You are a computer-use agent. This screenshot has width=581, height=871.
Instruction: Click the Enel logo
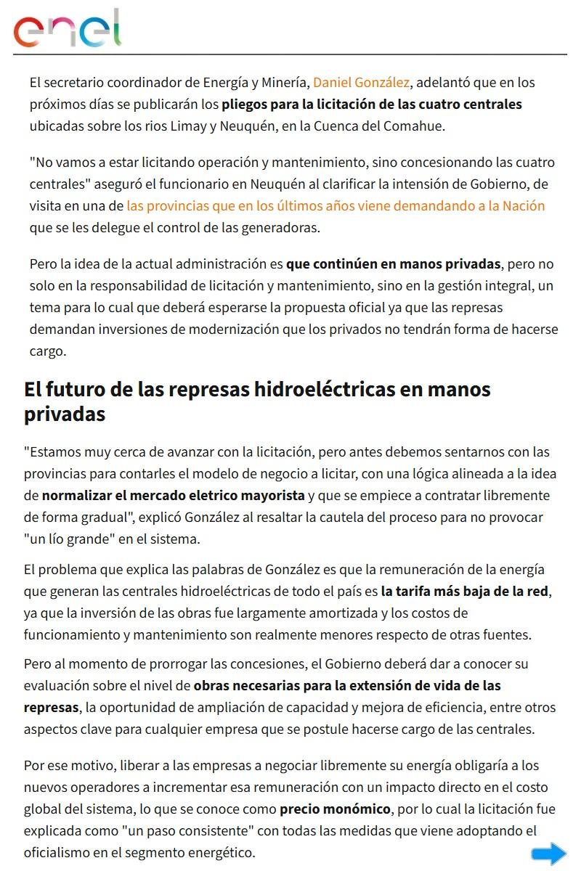pyautogui.click(x=67, y=30)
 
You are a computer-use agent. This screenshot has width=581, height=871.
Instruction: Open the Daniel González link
pyautogui.click(x=361, y=83)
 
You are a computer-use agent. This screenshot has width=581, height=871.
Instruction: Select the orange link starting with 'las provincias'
pyautogui.click(x=336, y=205)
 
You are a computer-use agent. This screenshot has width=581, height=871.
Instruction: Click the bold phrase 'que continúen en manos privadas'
pyautogui.click(x=393, y=263)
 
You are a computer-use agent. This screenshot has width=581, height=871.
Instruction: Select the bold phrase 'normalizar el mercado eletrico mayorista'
pyautogui.click(x=173, y=496)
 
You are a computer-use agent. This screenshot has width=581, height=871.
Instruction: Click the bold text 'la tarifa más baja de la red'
pyautogui.click(x=465, y=592)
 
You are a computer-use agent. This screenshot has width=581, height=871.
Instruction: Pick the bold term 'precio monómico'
pyautogui.click(x=336, y=809)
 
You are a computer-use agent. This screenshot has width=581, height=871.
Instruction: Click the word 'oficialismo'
pyautogui.click(x=62, y=853)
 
